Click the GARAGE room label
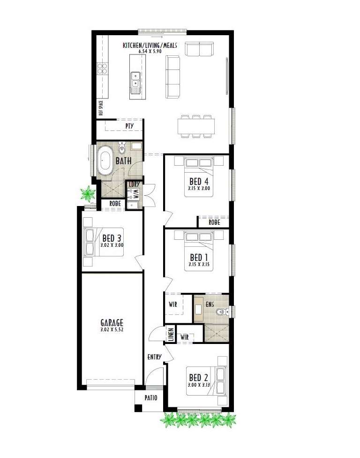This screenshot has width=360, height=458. [112, 323]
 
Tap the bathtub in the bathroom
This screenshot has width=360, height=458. [105, 160]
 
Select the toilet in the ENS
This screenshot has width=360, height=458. [223, 312]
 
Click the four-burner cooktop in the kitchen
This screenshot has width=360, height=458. [102, 69]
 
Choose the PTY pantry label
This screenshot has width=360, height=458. [129, 126]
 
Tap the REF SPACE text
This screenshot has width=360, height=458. [101, 108]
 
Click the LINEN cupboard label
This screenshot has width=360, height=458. [171, 335]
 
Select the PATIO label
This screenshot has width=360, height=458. [151, 397]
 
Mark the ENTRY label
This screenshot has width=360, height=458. [154, 357]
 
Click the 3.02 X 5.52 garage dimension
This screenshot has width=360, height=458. [112, 330]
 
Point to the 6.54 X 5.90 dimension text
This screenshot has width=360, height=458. [150, 52]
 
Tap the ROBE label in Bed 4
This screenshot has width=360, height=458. [214, 222]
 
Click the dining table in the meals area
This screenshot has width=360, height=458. [196, 126]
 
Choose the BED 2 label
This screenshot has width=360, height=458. [198, 378]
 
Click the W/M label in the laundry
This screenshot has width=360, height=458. [136, 193]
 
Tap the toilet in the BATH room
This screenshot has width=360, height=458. [122, 148]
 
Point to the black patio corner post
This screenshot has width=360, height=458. [138, 408]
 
